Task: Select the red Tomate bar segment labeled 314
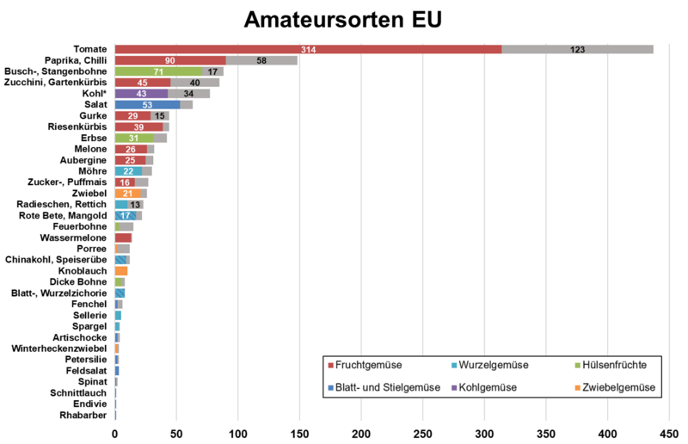tap(308, 50)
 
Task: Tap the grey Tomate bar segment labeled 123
tap(577, 50)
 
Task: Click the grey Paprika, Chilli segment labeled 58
tap(261, 61)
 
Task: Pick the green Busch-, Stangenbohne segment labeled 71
tap(158, 71)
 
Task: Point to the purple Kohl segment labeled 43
tap(141, 93)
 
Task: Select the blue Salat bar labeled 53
tap(147, 104)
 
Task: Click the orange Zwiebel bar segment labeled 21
tap(127, 194)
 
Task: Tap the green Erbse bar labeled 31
tap(133, 138)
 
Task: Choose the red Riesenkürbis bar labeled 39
tap(138, 126)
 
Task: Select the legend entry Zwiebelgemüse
tap(613, 388)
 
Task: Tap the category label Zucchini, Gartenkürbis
tap(55, 82)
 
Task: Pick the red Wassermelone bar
tap(123, 237)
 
